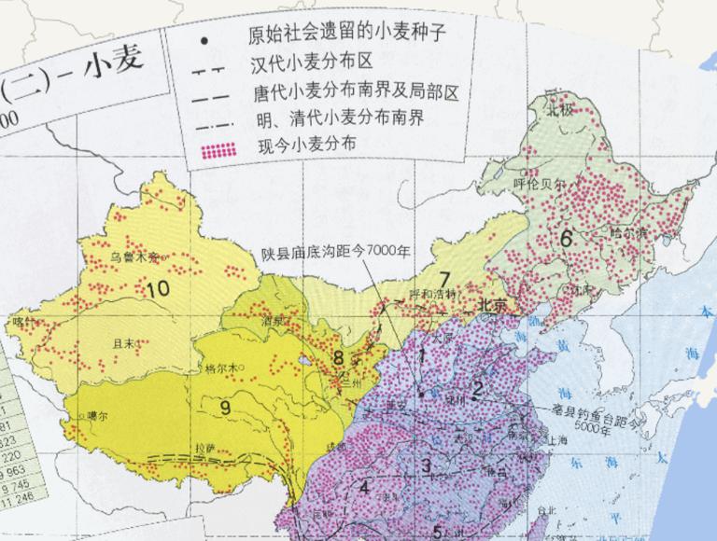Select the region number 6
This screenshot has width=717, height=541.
click(566, 238)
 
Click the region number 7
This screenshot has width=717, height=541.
click(443, 278)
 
